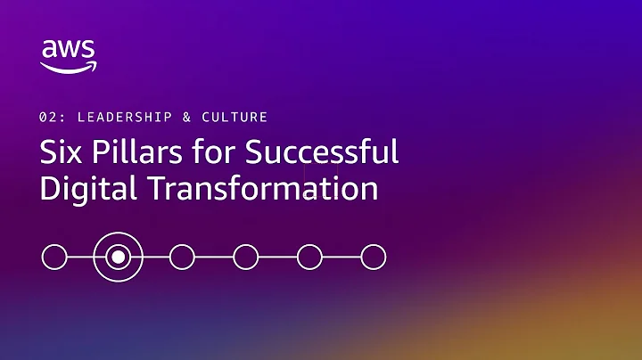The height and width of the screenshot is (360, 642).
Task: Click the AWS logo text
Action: [x=68, y=50]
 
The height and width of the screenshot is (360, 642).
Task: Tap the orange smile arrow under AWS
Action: [x=69, y=67]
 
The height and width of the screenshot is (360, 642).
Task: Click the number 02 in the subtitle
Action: [x=47, y=117]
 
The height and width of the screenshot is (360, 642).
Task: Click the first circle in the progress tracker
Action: [x=54, y=258]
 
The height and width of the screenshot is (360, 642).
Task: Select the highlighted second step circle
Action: [x=118, y=258]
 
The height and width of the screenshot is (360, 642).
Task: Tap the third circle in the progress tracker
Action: [x=182, y=258]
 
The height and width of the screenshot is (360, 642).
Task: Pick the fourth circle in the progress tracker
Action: [x=245, y=258]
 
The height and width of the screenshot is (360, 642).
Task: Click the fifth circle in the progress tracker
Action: [x=309, y=258]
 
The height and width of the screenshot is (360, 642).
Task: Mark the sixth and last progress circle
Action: [x=373, y=258]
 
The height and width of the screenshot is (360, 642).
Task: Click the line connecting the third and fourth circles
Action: [x=214, y=258]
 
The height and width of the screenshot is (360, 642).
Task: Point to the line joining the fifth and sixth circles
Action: [x=342, y=258]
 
